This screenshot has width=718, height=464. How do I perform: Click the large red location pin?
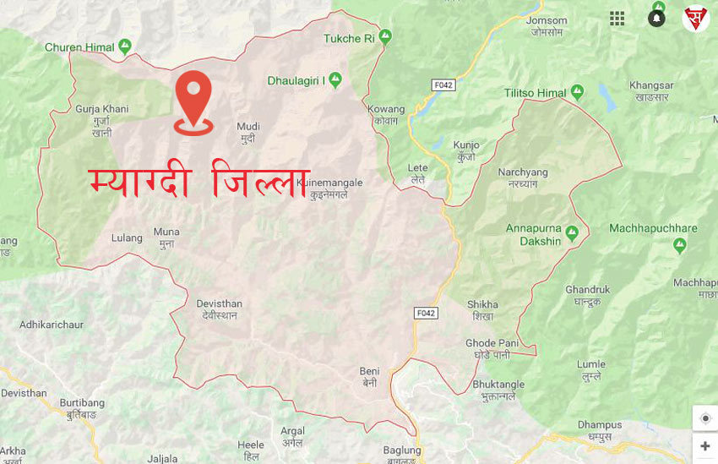[193, 100]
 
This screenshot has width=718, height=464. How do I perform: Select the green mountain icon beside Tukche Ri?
[385, 36]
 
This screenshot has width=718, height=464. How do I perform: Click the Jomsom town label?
[547, 20]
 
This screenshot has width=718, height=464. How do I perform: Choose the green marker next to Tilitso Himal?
[577, 91]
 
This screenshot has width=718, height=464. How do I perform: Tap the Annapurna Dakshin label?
[533, 235]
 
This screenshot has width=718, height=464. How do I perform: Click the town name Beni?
[369, 371]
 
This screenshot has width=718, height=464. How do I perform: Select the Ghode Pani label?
[492, 343]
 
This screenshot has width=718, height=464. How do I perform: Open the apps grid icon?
[617, 19]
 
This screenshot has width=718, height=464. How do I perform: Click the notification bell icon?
[656, 19]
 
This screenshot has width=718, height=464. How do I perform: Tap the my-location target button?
[704, 418]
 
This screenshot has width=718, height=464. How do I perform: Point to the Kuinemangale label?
[329, 183]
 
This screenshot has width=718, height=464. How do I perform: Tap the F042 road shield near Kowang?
[443, 85]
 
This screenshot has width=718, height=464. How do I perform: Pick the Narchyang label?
[522, 172]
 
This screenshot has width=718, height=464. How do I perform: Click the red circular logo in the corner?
[696, 19]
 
